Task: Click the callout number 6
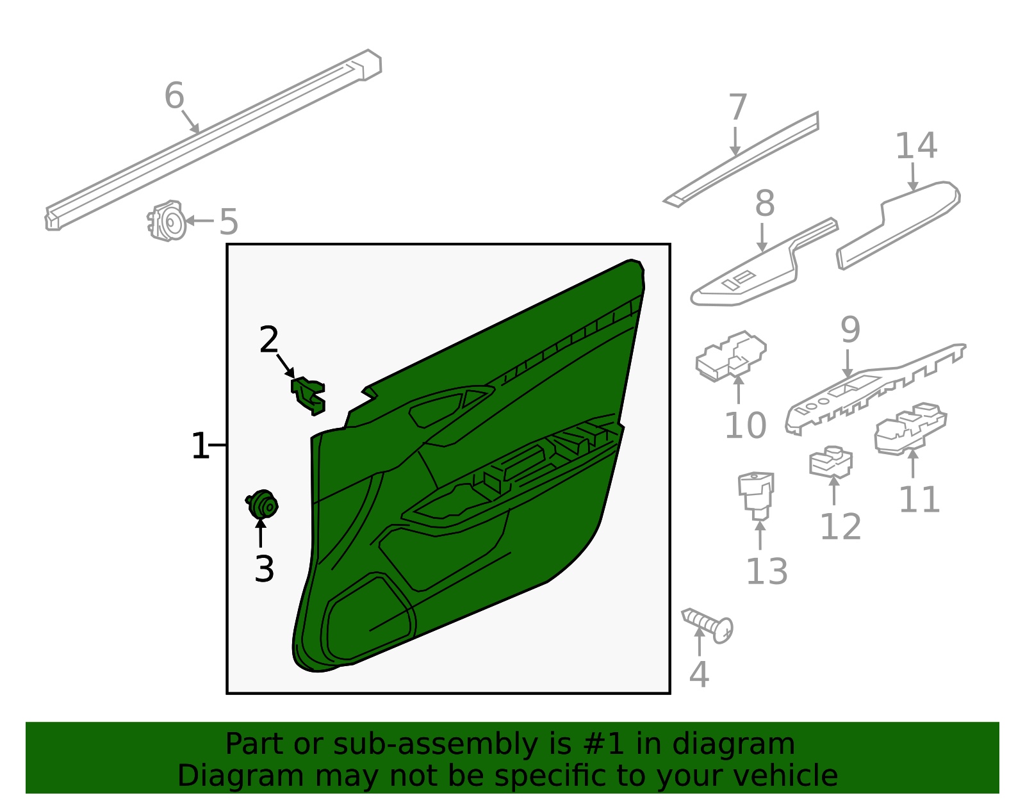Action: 174,96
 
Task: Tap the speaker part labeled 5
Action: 167,222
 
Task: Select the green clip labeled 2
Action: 309,394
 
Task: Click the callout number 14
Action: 915,146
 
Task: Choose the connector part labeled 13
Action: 757,493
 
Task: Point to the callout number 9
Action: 850,330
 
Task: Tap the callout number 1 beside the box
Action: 201,446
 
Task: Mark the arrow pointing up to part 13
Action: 760,535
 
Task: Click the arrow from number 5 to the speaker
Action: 199,221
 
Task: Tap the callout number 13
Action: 767,572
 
